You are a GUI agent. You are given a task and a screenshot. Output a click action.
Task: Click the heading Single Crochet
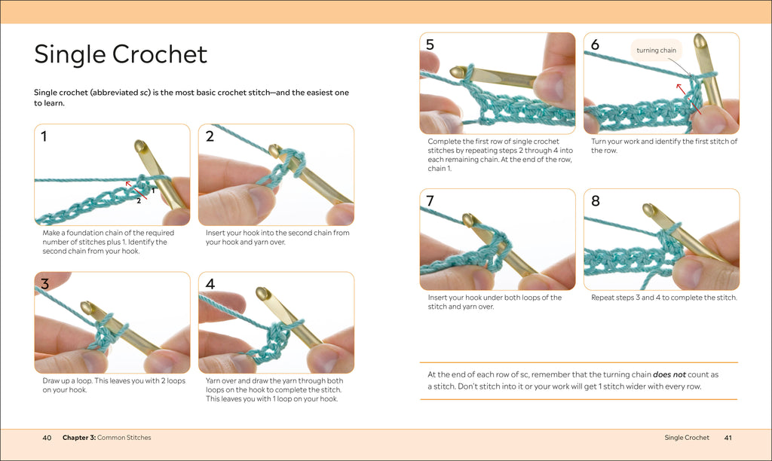coord(121,54)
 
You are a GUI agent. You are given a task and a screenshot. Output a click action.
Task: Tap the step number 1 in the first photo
coord(44,136)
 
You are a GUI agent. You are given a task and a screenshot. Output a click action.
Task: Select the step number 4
coord(210,284)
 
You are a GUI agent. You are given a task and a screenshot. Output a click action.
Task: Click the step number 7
coord(430,201)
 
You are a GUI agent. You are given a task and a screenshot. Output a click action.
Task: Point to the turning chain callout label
coord(656,50)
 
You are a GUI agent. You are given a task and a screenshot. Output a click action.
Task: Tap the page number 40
coord(47,438)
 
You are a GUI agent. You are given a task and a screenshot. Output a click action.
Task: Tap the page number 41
coord(728,438)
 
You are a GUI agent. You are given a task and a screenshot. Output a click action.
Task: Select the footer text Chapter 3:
coord(79,438)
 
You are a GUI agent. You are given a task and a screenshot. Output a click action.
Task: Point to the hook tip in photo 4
coord(263,292)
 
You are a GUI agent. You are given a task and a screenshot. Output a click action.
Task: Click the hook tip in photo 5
coord(456,71)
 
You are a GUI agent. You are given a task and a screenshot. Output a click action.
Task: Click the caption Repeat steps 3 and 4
coord(663,298)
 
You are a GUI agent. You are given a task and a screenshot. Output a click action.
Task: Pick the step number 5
coord(430,44)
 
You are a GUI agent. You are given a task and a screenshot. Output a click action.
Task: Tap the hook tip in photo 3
coord(87,307)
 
